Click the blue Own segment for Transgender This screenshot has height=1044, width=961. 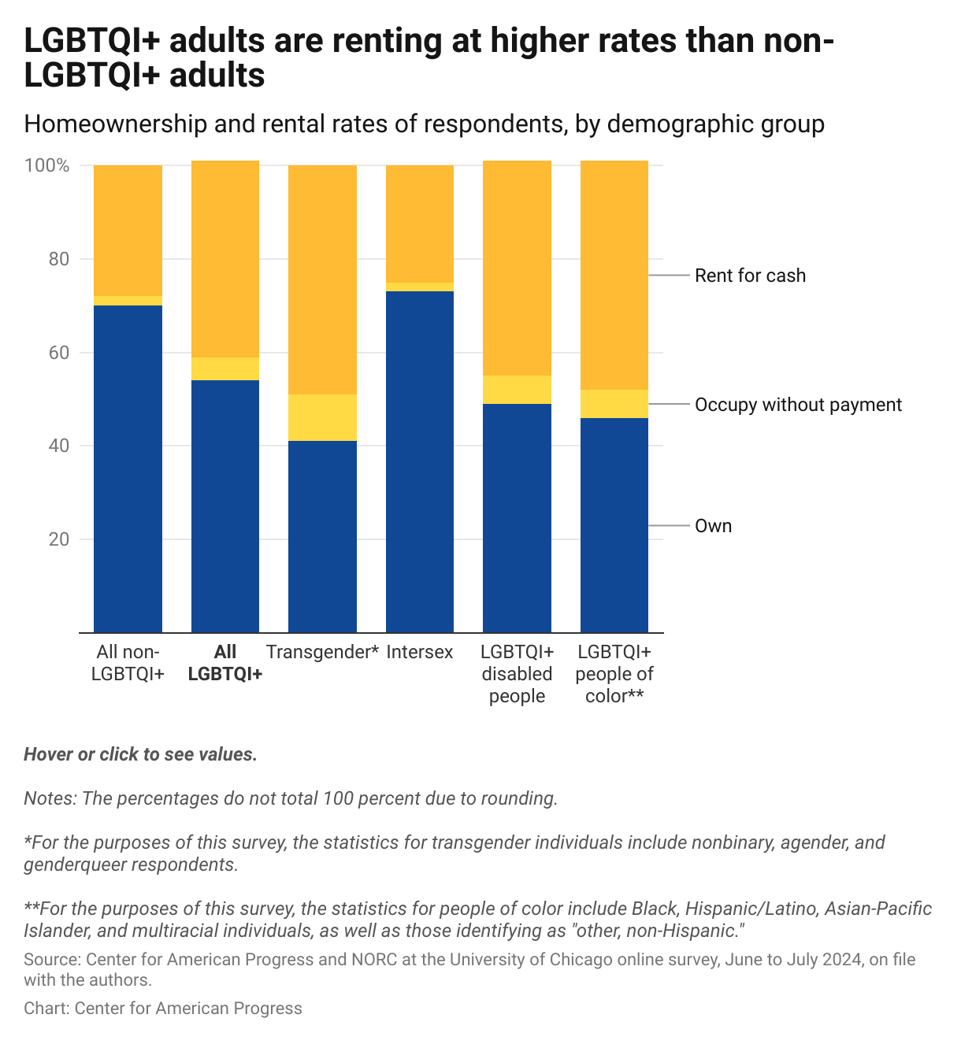click(322, 536)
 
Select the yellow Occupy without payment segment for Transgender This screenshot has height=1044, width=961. click(322, 417)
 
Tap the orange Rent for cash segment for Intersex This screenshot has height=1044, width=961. click(419, 224)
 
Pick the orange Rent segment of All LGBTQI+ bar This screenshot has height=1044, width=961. click(225, 259)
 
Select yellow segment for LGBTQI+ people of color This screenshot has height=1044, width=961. click(614, 404)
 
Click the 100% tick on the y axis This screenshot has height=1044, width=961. click(47, 166)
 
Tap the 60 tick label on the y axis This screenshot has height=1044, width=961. click(59, 353)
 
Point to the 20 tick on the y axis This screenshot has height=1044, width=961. click(59, 539)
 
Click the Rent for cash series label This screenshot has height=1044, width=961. click(750, 276)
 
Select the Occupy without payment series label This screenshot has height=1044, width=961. click(798, 405)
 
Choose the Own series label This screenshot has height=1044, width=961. click(713, 526)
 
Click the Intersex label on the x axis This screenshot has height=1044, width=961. click(420, 652)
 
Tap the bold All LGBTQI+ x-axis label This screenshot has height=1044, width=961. click(225, 663)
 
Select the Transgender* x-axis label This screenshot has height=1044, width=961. click(322, 652)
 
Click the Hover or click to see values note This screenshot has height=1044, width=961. click(140, 754)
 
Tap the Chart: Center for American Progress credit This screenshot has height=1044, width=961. click(162, 1009)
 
